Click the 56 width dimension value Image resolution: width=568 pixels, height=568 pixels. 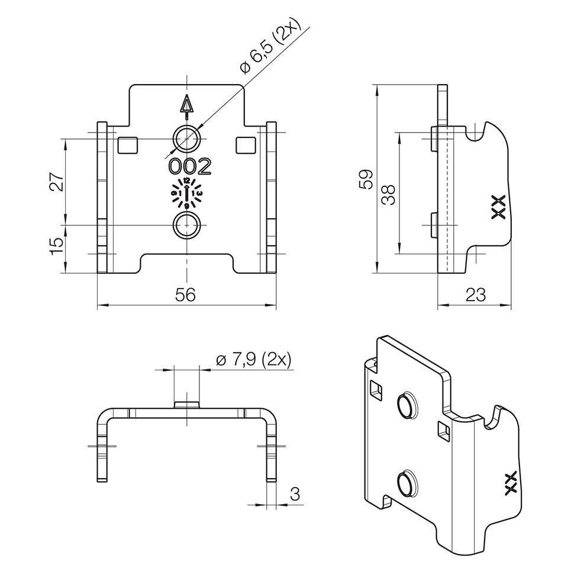pos(185,295)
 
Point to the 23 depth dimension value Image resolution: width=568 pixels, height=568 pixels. pos(475,295)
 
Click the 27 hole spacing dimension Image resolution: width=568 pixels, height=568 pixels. pos(57,182)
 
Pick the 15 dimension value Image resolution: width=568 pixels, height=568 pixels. pos(57,246)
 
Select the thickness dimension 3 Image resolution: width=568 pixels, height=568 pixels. pos(295,493)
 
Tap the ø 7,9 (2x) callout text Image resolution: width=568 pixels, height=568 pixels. pos(254,360)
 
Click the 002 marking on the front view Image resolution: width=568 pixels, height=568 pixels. pos(190,167)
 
